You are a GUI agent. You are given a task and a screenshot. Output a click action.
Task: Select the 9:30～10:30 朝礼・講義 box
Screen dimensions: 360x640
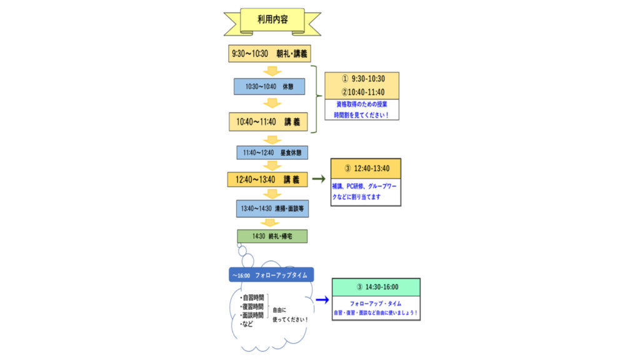[x=269, y=54]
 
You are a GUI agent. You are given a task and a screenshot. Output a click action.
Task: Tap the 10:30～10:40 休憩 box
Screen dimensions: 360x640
[x=269, y=86]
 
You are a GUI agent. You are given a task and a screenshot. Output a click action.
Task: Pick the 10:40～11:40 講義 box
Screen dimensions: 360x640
[x=269, y=121]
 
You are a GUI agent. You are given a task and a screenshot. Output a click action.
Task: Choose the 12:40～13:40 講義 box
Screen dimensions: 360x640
[x=267, y=179]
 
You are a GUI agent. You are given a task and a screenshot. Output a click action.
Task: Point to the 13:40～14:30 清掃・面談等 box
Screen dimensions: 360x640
[x=272, y=208]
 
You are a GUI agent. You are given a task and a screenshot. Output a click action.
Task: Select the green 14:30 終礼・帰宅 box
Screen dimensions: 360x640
[x=272, y=236]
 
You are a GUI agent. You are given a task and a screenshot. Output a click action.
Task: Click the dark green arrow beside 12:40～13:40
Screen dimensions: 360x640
[x=319, y=179]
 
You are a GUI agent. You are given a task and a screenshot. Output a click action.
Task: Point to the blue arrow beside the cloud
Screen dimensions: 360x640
[x=322, y=300]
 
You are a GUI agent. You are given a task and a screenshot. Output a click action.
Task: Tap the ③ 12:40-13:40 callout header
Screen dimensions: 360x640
[x=366, y=168]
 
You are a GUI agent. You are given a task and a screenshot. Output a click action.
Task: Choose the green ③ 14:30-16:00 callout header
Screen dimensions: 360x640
[x=376, y=287]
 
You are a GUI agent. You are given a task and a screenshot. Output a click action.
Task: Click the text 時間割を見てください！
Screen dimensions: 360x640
[x=362, y=116]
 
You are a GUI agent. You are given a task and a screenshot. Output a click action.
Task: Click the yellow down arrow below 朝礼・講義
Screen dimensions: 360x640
[x=272, y=71]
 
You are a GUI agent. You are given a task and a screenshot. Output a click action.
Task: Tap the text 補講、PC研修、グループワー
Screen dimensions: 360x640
[x=365, y=186]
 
